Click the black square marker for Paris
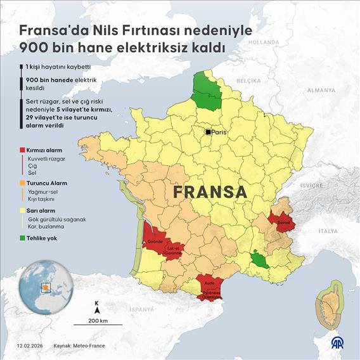tap(207, 132)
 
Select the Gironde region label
tap(155, 241)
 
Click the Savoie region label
tap(283, 222)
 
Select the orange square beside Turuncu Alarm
tap(22, 183)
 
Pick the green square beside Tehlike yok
tap(22, 238)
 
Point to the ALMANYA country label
tap(321, 91)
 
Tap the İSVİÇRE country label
tap(311, 185)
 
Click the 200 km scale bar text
tap(98, 321)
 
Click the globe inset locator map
tap(42, 288)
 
